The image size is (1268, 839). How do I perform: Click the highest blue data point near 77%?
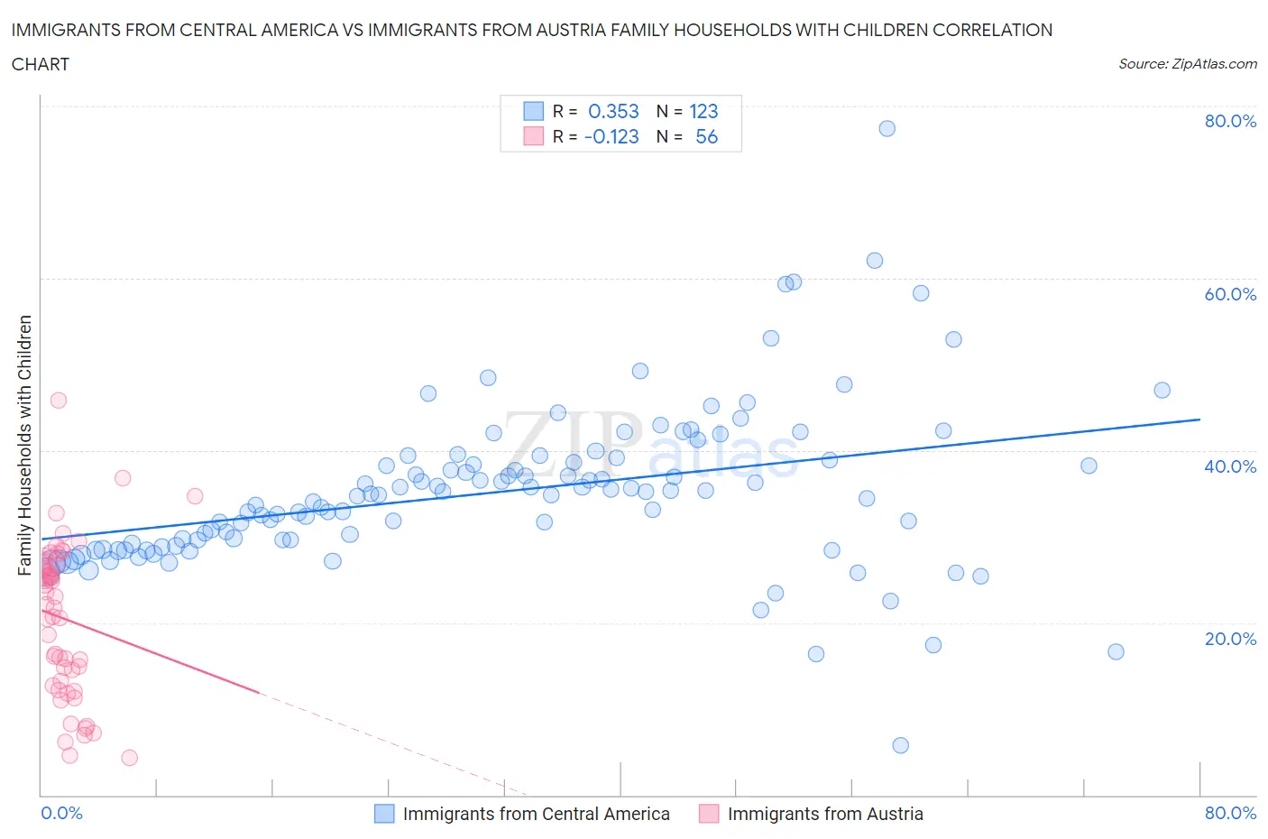887,129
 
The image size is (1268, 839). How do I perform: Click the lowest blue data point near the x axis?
900,745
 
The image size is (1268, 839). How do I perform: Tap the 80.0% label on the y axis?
1230,122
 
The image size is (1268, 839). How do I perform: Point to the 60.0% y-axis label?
1230,294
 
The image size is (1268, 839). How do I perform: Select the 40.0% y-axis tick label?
1230,466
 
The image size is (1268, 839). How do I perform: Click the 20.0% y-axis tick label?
1230,639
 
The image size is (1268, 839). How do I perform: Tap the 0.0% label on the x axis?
62,813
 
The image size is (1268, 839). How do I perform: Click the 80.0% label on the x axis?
1230,813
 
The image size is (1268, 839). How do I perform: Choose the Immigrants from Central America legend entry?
536,814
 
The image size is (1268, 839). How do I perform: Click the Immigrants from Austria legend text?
824,814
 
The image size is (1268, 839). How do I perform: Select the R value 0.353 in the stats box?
613,112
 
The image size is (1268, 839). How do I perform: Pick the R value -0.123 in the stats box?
611,137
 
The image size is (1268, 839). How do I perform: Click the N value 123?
703,112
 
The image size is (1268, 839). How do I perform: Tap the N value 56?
706,137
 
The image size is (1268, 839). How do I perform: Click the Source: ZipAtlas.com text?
1187,64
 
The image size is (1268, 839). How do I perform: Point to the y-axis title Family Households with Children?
25,445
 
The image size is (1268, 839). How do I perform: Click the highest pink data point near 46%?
59,401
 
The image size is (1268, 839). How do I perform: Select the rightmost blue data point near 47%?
1162,391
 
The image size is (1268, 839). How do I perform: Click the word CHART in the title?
41,64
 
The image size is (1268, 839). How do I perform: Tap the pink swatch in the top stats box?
534,137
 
